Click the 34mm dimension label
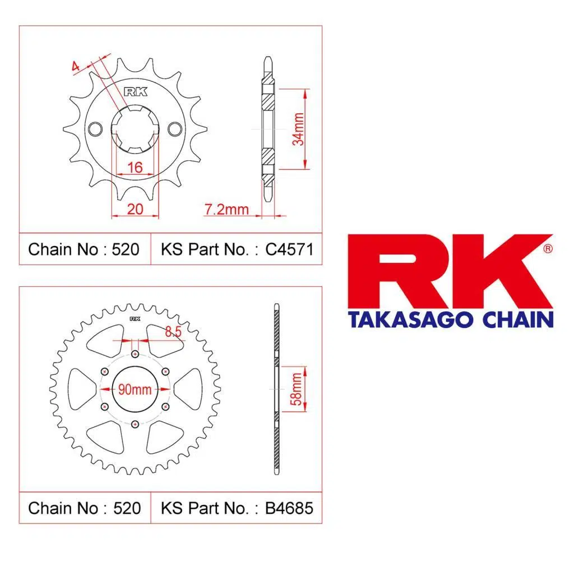pyautogui.click(x=299, y=129)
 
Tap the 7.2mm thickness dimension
pyautogui.click(x=226, y=210)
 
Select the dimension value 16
pyautogui.click(x=135, y=167)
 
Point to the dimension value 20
pyautogui.click(x=135, y=209)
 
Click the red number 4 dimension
pyautogui.click(x=76, y=66)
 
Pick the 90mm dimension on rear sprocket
pyautogui.click(x=135, y=390)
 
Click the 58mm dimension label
pyautogui.click(x=296, y=389)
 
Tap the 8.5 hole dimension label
pyautogui.click(x=173, y=331)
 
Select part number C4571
pyautogui.click(x=289, y=249)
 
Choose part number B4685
pyautogui.click(x=289, y=508)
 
